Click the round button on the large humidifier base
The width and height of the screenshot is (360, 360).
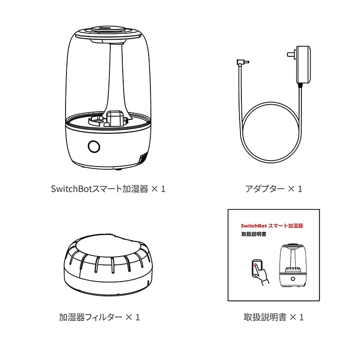pos(94,146)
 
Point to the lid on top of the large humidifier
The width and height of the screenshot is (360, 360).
pos(108,34)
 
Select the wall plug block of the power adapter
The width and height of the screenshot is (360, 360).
pos(301,65)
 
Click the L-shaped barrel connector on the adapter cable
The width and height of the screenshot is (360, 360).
pos(242,62)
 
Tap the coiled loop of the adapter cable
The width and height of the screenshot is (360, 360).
pos(271,132)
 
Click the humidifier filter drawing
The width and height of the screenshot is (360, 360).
pos(108,265)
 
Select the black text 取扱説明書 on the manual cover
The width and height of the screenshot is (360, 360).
pos(253,234)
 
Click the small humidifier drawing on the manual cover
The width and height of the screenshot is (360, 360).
pos(293,266)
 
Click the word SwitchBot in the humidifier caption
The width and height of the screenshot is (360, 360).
pos(72,189)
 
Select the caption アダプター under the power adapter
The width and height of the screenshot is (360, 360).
pos(265,189)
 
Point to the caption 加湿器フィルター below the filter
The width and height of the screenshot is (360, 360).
pos(90,317)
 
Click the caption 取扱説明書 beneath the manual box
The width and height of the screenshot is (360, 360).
pos(265,317)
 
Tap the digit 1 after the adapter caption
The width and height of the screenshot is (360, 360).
pos(300,189)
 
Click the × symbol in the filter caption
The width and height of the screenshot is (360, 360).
pos(129,317)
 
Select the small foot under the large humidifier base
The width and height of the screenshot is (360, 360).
pos(118,169)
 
